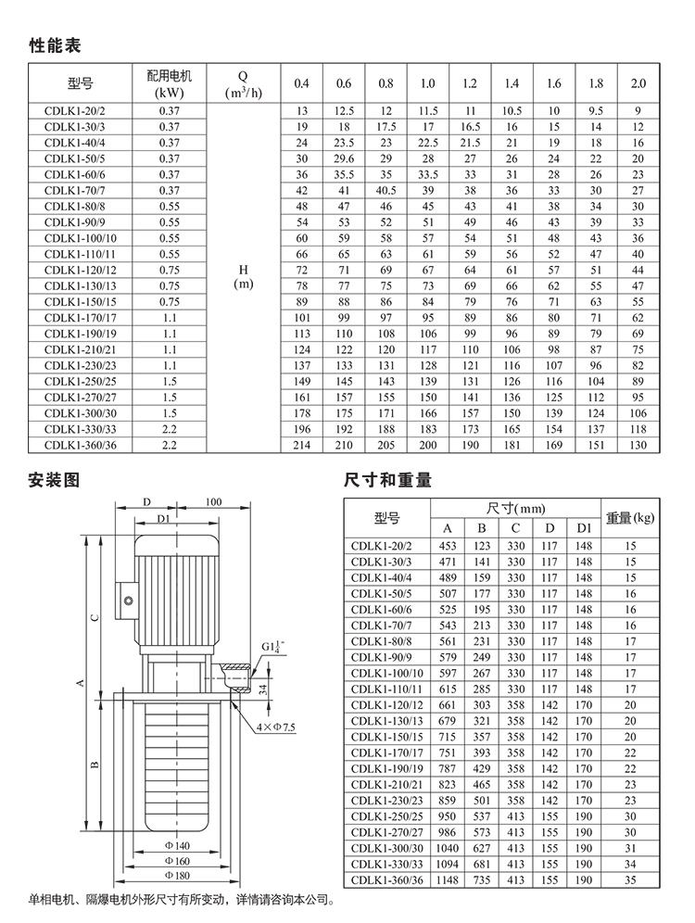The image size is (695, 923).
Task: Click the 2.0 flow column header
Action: [x=638, y=83]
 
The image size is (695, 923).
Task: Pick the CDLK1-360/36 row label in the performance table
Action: [x=76, y=446]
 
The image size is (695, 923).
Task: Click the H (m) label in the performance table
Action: [x=242, y=276]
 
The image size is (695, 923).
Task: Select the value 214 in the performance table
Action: [x=300, y=446]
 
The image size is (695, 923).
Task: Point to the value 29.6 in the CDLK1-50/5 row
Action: [x=343, y=158]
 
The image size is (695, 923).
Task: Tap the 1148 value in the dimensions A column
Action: [x=449, y=879]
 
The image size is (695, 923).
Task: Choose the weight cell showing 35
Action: [x=630, y=879]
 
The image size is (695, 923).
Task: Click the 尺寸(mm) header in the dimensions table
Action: [x=516, y=509]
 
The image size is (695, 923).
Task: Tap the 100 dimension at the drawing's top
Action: [x=214, y=501]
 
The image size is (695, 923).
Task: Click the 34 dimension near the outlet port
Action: [x=263, y=689]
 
